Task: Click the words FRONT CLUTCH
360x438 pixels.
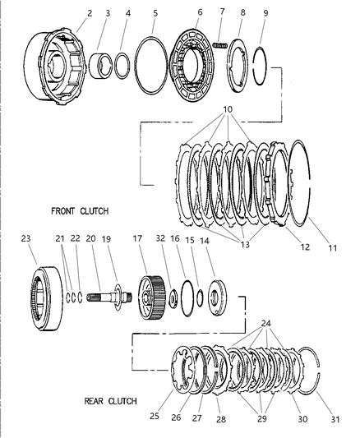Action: [x=79, y=210]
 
